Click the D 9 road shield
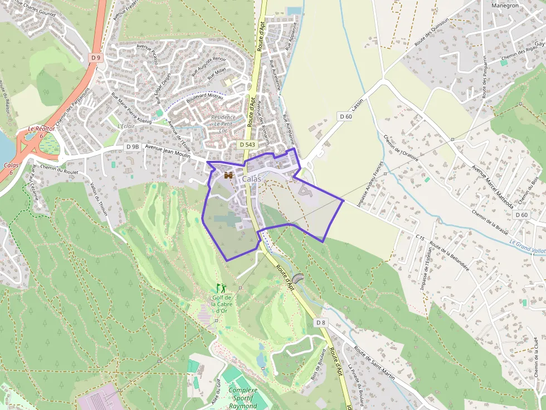pyautogui.click(x=96, y=57)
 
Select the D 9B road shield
pyautogui.click(x=132, y=147)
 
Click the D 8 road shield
pyautogui.click(x=320, y=323)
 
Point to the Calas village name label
pyautogui.click(x=251, y=179)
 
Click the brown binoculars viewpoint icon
pyautogui.click(x=228, y=175)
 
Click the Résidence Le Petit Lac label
pyautogui.click(x=223, y=124)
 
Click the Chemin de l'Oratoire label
pyautogui.click(x=401, y=152)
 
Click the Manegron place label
pyautogui.click(x=505, y=6)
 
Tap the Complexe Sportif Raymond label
pyautogui.click(x=243, y=398)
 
